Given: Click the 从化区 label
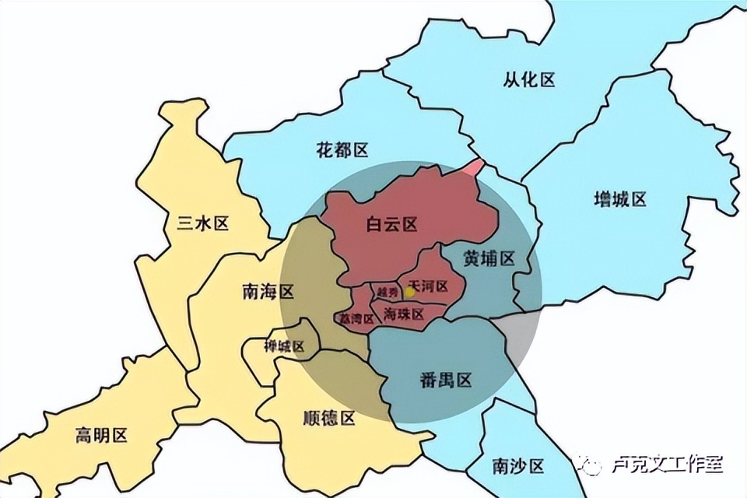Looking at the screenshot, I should (x=529, y=79).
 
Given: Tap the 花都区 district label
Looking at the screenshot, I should (x=342, y=150).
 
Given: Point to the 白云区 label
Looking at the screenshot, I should (x=392, y=226).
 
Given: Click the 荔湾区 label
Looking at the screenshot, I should (x=352, y=318).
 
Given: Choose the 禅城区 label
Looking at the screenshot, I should (x=284, y=346).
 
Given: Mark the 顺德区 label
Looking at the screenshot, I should (x=328, y=419).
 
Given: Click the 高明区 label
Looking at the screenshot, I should (x=101, y=435).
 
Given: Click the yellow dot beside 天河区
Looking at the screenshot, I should (x=410, y=293).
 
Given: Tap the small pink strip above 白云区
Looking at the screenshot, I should (x=474, y=167).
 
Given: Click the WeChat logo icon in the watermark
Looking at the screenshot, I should (x=590, y=465).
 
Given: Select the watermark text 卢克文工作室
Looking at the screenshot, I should (x=668, y=465).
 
